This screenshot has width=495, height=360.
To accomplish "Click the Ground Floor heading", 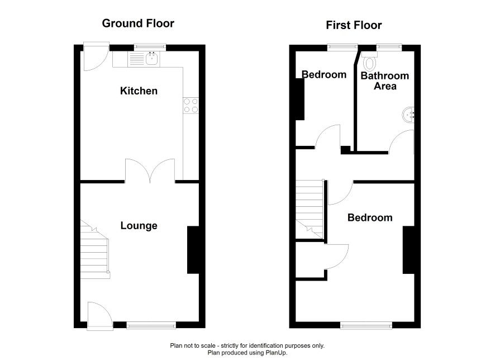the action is [138, 23].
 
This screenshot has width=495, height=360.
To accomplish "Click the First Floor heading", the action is [354, 25].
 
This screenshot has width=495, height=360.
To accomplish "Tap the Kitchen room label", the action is [139, 91].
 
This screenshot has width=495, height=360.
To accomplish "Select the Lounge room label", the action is [139, 226].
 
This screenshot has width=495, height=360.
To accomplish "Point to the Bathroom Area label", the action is [385, 81].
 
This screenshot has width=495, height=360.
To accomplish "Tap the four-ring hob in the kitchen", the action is [191, 106].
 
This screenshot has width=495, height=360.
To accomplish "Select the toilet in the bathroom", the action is [370, 61].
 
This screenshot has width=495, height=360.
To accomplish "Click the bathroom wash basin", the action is [408, 115].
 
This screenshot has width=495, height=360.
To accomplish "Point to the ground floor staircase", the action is [94, 249].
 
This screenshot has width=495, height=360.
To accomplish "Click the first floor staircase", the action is [310, 209].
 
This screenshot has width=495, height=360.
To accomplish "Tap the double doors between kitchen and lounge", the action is [150, 171].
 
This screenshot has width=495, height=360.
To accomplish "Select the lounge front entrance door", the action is [100, 316].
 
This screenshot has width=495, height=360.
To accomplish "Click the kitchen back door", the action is [96, 56].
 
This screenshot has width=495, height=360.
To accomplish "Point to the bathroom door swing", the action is [401, 142].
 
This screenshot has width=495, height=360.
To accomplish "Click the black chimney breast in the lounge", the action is [193, 250].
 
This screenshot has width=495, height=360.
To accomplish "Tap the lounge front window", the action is [151, 325].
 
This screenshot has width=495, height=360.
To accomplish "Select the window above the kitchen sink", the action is [150, 47].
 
